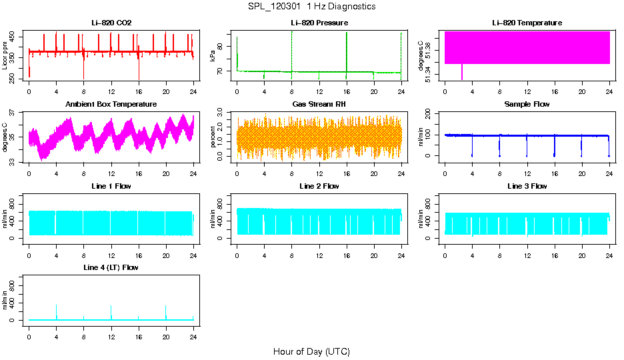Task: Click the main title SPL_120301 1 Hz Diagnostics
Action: (311, 7)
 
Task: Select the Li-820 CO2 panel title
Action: (111, 23)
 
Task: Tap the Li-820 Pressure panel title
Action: (319, 23)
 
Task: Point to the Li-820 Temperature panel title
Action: (527, 23)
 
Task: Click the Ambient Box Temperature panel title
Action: (111, 105)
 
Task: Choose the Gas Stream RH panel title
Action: (319, 105)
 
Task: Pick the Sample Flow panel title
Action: (527, 105)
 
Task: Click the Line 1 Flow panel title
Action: (111, 186)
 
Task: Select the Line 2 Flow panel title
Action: (319, 186)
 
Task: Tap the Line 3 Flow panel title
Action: (527, 186)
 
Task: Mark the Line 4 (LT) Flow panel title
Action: (111, 267)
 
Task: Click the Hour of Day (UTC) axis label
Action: (311, 351)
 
